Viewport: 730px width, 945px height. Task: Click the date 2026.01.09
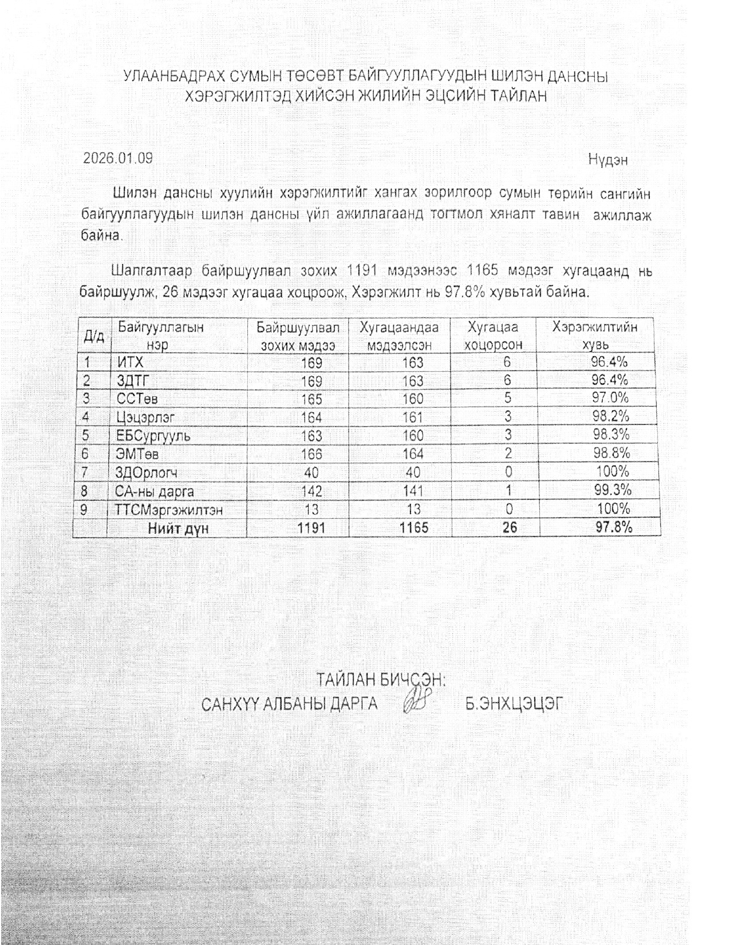coord(118,158)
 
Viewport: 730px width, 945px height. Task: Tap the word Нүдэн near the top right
coord(607,160)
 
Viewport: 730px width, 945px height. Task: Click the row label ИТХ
coord(130,362)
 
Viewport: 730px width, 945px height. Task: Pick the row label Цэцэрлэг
coord(145,417)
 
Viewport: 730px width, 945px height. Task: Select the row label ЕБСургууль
coord(153,436)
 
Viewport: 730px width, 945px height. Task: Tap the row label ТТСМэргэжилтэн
coord(169,510)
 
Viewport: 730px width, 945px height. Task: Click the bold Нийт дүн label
coord(178,528)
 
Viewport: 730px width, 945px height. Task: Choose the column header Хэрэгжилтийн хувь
coord(595,336)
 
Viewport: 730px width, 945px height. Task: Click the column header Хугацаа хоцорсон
coord(493,336)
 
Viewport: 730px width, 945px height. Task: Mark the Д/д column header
coord(94,336)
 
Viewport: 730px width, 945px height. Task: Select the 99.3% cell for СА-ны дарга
coord(612,490)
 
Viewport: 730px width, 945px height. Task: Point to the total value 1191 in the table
coord(311,527)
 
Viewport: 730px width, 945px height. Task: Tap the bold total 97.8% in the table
coord(613,527)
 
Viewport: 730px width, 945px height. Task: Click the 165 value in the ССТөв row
coord(311,399)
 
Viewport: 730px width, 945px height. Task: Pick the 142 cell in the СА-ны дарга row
coord(311,491)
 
